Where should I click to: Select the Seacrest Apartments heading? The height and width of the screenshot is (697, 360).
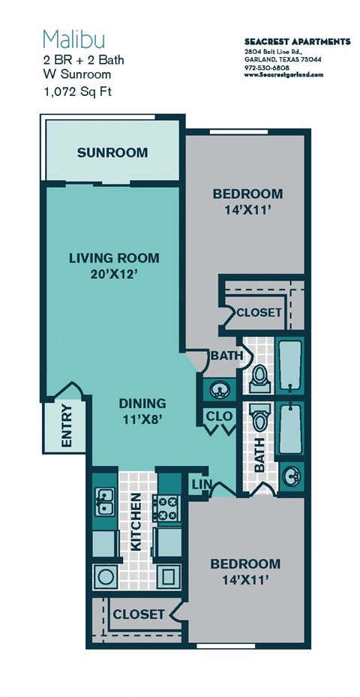(x=297, y=41)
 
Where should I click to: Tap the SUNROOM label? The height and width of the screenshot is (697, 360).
(x=112, y=153)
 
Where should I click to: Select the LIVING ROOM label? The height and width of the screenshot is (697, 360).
(x=114, y=258)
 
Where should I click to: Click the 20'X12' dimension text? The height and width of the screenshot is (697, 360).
(x=114, y=275)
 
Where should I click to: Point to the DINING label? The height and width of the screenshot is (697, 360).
(x=142, y=403)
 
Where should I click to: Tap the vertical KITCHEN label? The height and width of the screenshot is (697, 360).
(x=136, y=522)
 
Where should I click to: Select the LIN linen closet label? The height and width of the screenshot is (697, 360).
(x=200, y=485)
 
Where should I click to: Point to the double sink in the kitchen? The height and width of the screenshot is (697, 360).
(x=104, y=505)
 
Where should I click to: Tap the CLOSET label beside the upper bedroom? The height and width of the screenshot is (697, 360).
(x=259, y=311)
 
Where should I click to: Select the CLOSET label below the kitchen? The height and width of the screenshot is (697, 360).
(x=138, y=614)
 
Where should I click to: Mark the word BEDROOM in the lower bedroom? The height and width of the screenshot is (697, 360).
(x=245, y=563)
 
